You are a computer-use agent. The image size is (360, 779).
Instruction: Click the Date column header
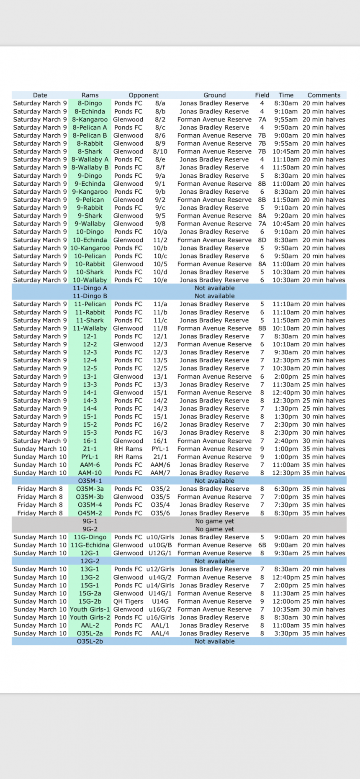coord(40,95)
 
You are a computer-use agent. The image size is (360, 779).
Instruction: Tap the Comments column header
coord(324,95)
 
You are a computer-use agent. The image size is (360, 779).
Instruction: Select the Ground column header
coord(214,95)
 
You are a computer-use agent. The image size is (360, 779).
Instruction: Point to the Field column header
coord(262,95)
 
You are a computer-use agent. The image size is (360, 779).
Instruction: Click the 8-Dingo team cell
coord(90,103)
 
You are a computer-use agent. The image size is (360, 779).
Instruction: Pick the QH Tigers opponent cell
coord(128,601)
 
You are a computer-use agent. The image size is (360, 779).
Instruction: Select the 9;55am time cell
coord(286,119)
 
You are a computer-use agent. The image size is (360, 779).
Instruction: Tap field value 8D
coord(262,240)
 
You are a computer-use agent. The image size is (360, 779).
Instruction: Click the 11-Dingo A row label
coord(90,288)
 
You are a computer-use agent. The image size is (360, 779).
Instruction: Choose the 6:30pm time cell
coord(286,489)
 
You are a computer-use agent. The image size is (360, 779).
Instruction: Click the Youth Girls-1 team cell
coord(90,609)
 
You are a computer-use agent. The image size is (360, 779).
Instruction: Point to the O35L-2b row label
coord(90,641)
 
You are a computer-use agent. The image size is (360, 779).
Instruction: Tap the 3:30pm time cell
coord(286,633)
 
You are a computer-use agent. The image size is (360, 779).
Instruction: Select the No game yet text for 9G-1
coord(214,521)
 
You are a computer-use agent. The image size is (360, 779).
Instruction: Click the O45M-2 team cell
coord(90,513)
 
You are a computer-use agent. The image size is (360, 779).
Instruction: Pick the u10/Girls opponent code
coord(160,537)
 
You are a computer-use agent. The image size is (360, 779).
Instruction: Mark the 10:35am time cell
coord(286,609)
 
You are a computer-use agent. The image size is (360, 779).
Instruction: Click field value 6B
coord(262,545)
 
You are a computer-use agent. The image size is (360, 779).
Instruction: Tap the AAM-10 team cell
coord(90,473)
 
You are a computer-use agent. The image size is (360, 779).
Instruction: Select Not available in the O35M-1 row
coord(214,481)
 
